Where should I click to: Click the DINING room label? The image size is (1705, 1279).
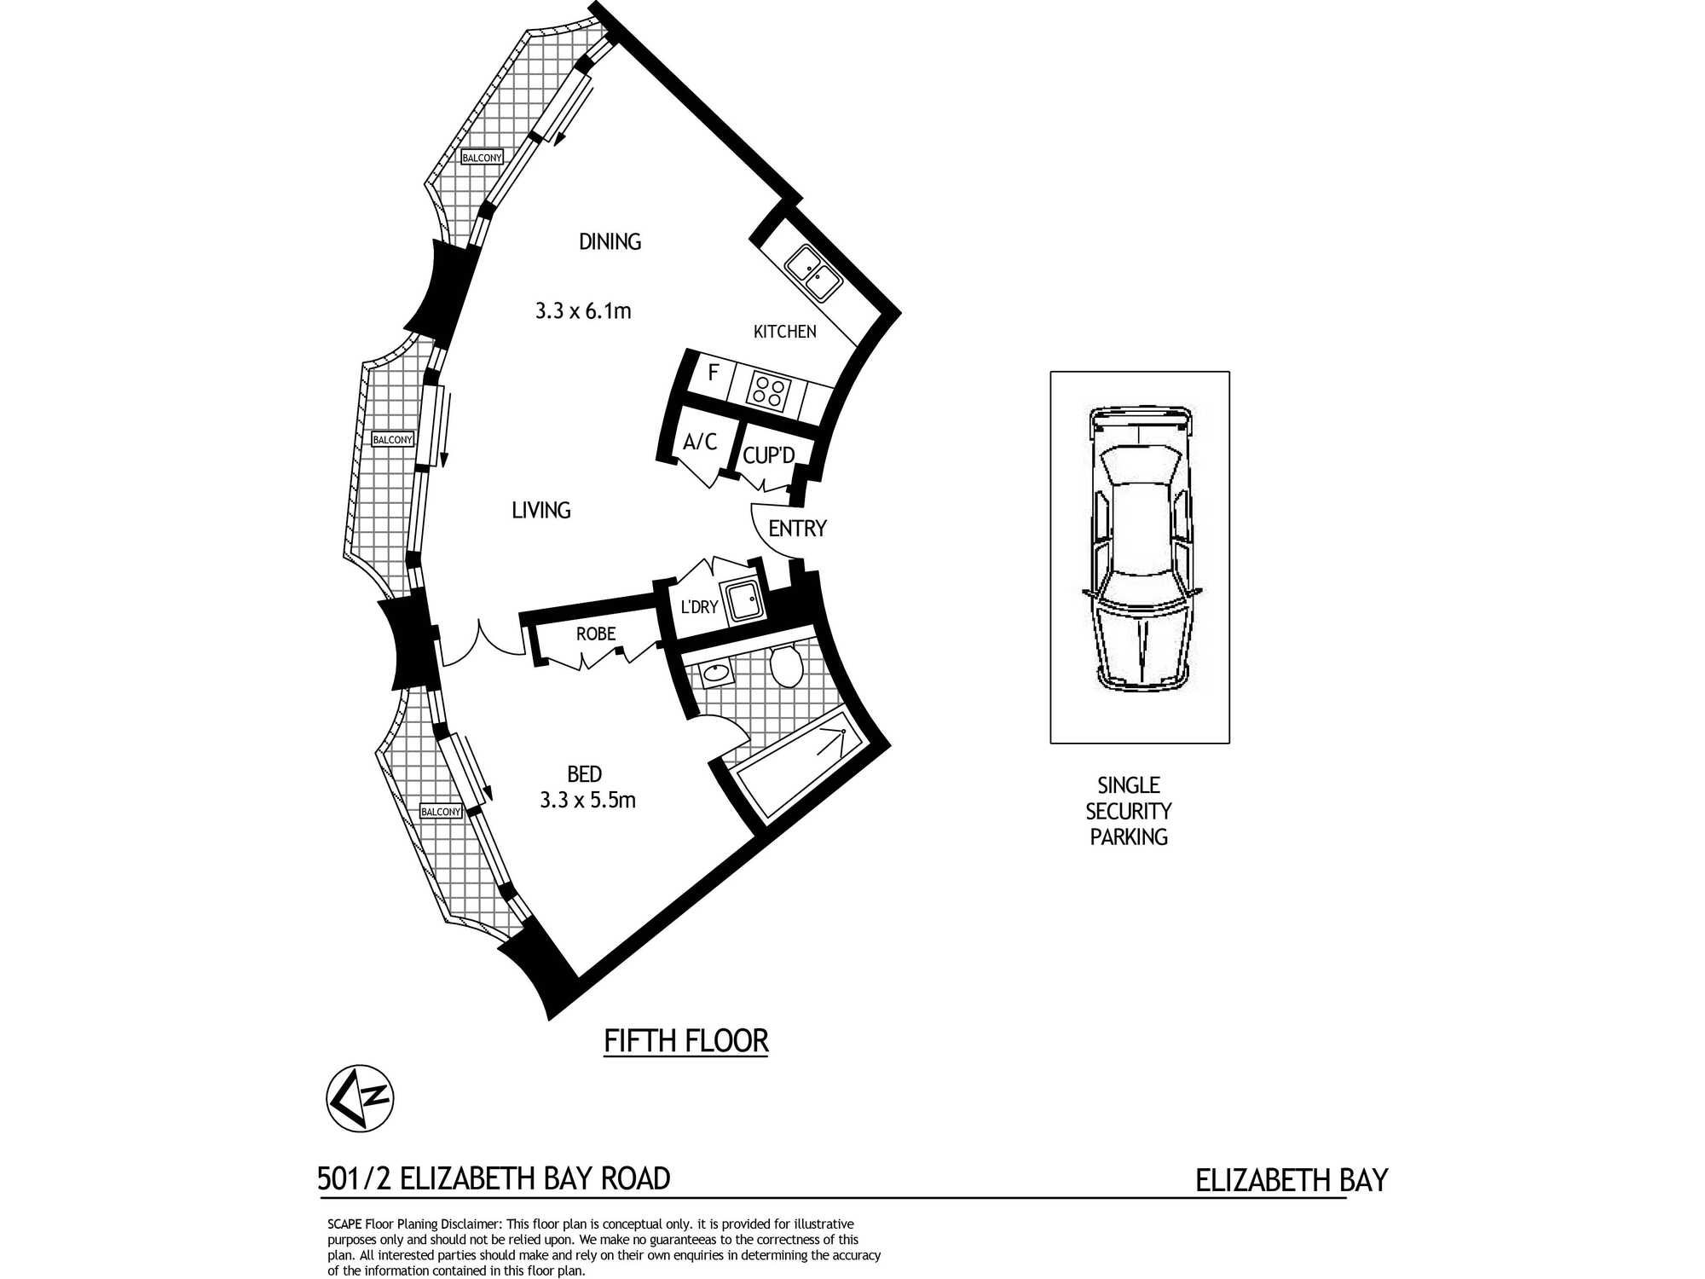tap(610, 242)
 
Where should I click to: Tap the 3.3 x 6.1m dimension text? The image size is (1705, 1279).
tap(583, 311)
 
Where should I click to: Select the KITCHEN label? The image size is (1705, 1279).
tap(784, 332)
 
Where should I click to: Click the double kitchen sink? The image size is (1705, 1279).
tap(814, 273)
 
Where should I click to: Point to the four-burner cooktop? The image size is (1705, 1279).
tap(769, 392)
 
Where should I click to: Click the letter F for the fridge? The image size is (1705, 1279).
tap(714, 373)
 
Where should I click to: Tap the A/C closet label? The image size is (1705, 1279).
tap(700, 442)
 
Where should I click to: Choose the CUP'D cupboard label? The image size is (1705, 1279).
tap(768, 455)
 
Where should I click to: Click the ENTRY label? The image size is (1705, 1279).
tap(797, 529)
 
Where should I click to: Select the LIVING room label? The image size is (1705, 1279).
tap(541, 511)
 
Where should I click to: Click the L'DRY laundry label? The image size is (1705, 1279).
tap(699, 607)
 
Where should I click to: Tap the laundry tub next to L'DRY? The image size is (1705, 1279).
tap(742, 601)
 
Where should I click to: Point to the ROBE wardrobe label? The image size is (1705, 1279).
tap(596, 634)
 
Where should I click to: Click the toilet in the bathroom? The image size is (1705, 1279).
tap(785, 665)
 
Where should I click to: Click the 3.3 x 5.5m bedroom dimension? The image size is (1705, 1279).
tap(587, 801)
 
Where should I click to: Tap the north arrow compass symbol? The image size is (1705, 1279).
tap(360, 1098)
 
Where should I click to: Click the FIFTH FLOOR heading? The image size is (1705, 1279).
tap(686, 1041)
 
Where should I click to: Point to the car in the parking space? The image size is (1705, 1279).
tap(1141, 550)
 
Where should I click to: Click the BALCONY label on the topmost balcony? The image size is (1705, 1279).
tap(482, 158)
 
